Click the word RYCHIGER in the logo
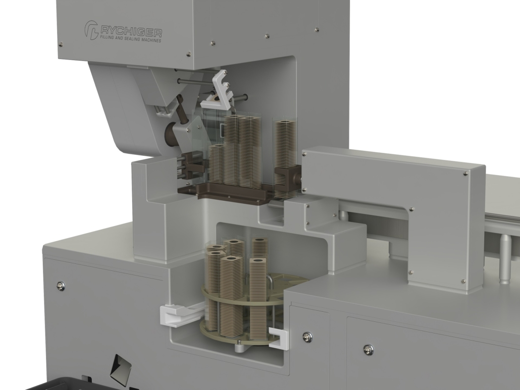131,32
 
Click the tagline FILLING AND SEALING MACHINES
131,39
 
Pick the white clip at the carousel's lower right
278,339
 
